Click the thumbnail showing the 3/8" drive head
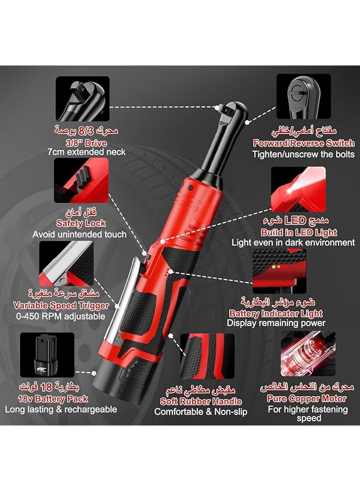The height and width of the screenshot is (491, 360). tap(82, 98)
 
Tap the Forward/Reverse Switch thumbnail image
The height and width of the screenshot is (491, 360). tap(303, 97)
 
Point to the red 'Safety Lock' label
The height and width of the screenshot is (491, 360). tap(81, 223)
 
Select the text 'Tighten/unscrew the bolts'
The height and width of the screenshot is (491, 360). tap(303, 154)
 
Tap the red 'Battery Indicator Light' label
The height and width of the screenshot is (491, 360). tap(275, 313)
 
